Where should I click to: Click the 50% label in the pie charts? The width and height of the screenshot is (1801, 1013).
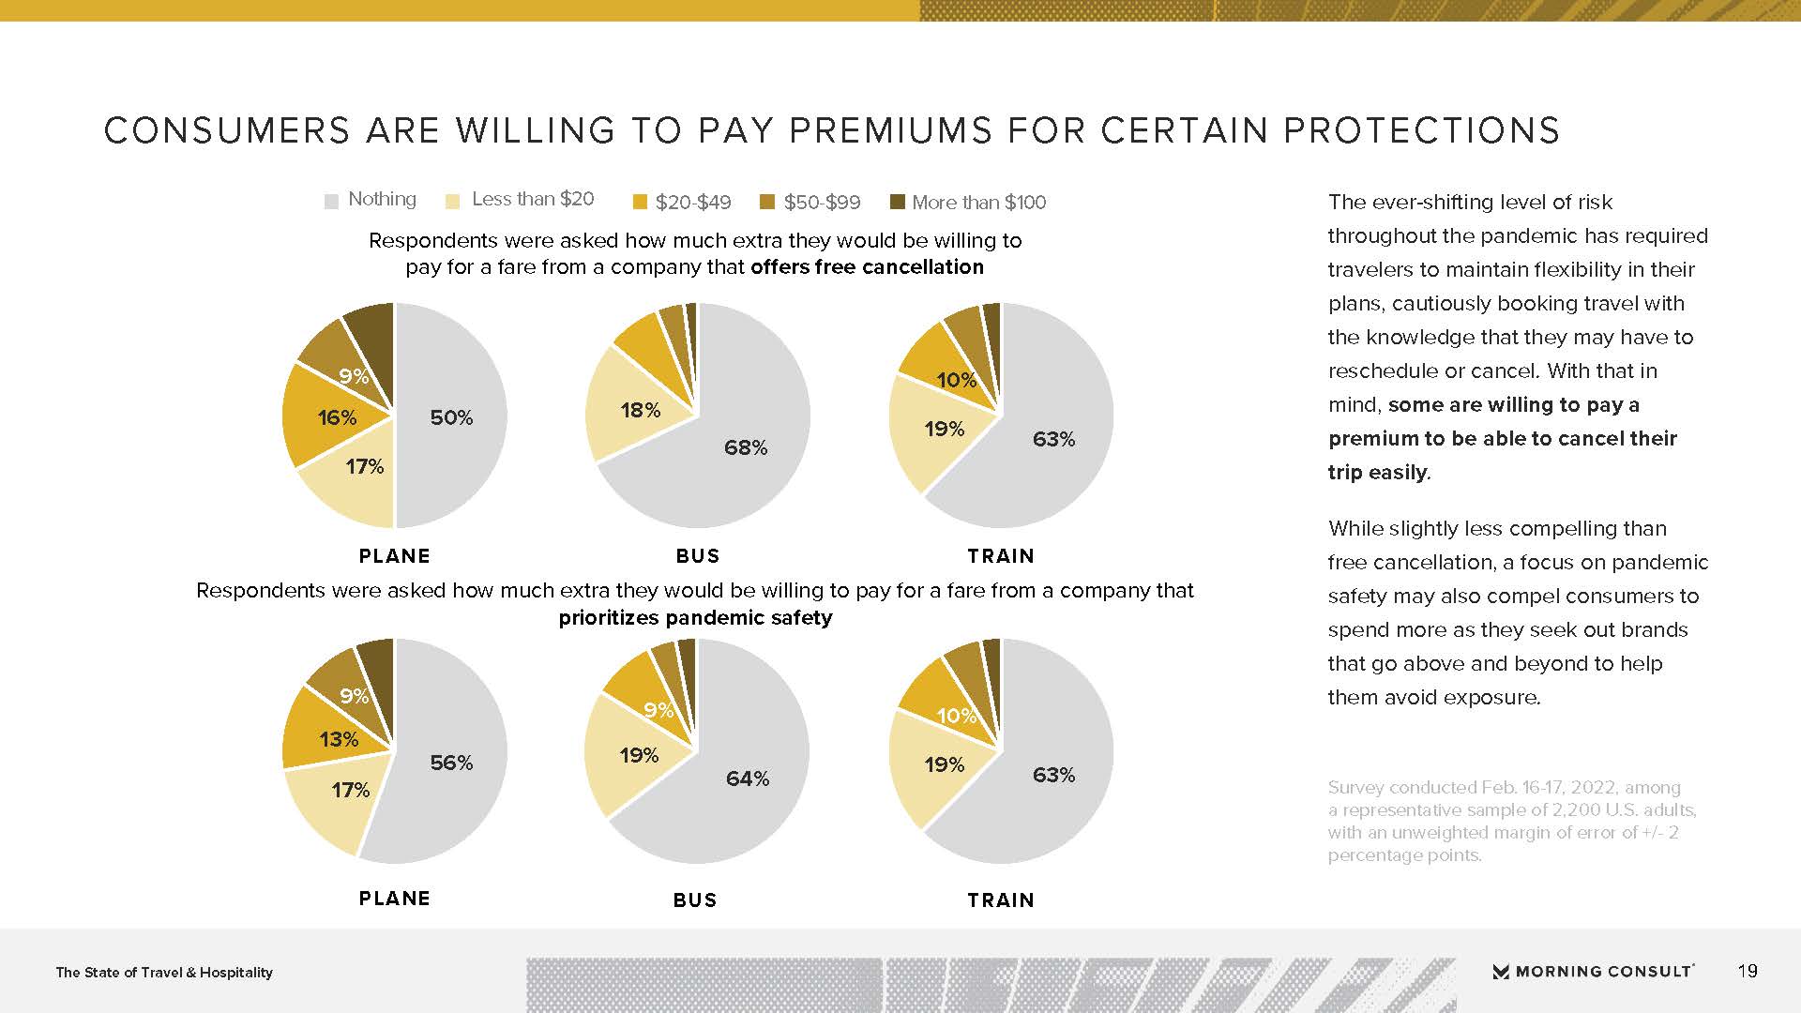[x=451, y=417]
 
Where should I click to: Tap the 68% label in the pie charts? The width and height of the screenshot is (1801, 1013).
[x=746, y=448]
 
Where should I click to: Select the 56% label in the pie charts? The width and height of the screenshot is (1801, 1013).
[x=451, y=763]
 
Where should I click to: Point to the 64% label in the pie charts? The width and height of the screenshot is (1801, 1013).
[x=748, y=779]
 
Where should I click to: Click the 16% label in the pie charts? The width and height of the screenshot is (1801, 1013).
[x=337, y=417]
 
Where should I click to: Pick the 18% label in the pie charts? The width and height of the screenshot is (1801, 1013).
[x=641, y=410]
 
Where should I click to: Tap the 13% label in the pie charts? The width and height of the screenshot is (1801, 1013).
[x=339, y=739]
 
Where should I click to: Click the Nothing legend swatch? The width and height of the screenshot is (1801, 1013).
[x=331, y=202]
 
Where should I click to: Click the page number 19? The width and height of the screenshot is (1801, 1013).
[x=1748, y=971]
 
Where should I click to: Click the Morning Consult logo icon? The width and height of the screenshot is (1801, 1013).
[x=1501, y=972]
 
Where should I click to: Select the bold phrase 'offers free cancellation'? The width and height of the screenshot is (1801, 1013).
[x=867, y=267]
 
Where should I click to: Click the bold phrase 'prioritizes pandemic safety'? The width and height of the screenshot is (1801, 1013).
[x=695, y=618]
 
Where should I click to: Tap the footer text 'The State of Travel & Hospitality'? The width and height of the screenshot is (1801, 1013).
[x=164, y=973]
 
